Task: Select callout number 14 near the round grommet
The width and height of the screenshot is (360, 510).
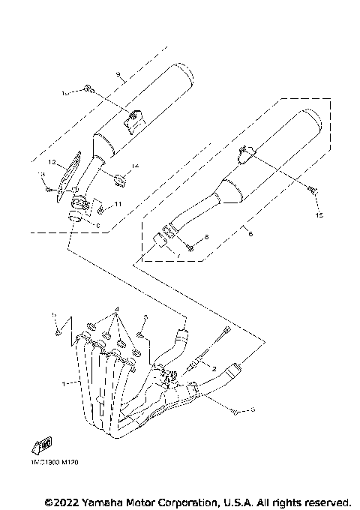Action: click(x=136, y=166)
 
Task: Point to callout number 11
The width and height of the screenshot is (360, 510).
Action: click(x=118, y=204)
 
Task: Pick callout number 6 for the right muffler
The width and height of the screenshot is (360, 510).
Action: click(x=250, y=233)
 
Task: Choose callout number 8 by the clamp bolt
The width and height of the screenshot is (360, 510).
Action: click(x=207, y=237)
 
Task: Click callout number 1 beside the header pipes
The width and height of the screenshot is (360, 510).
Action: click(x=65, y=383)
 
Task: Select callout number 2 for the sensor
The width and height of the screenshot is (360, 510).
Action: click(x=214, y=368)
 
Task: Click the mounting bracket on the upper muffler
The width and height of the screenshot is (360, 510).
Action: click(x=133, y=120)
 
